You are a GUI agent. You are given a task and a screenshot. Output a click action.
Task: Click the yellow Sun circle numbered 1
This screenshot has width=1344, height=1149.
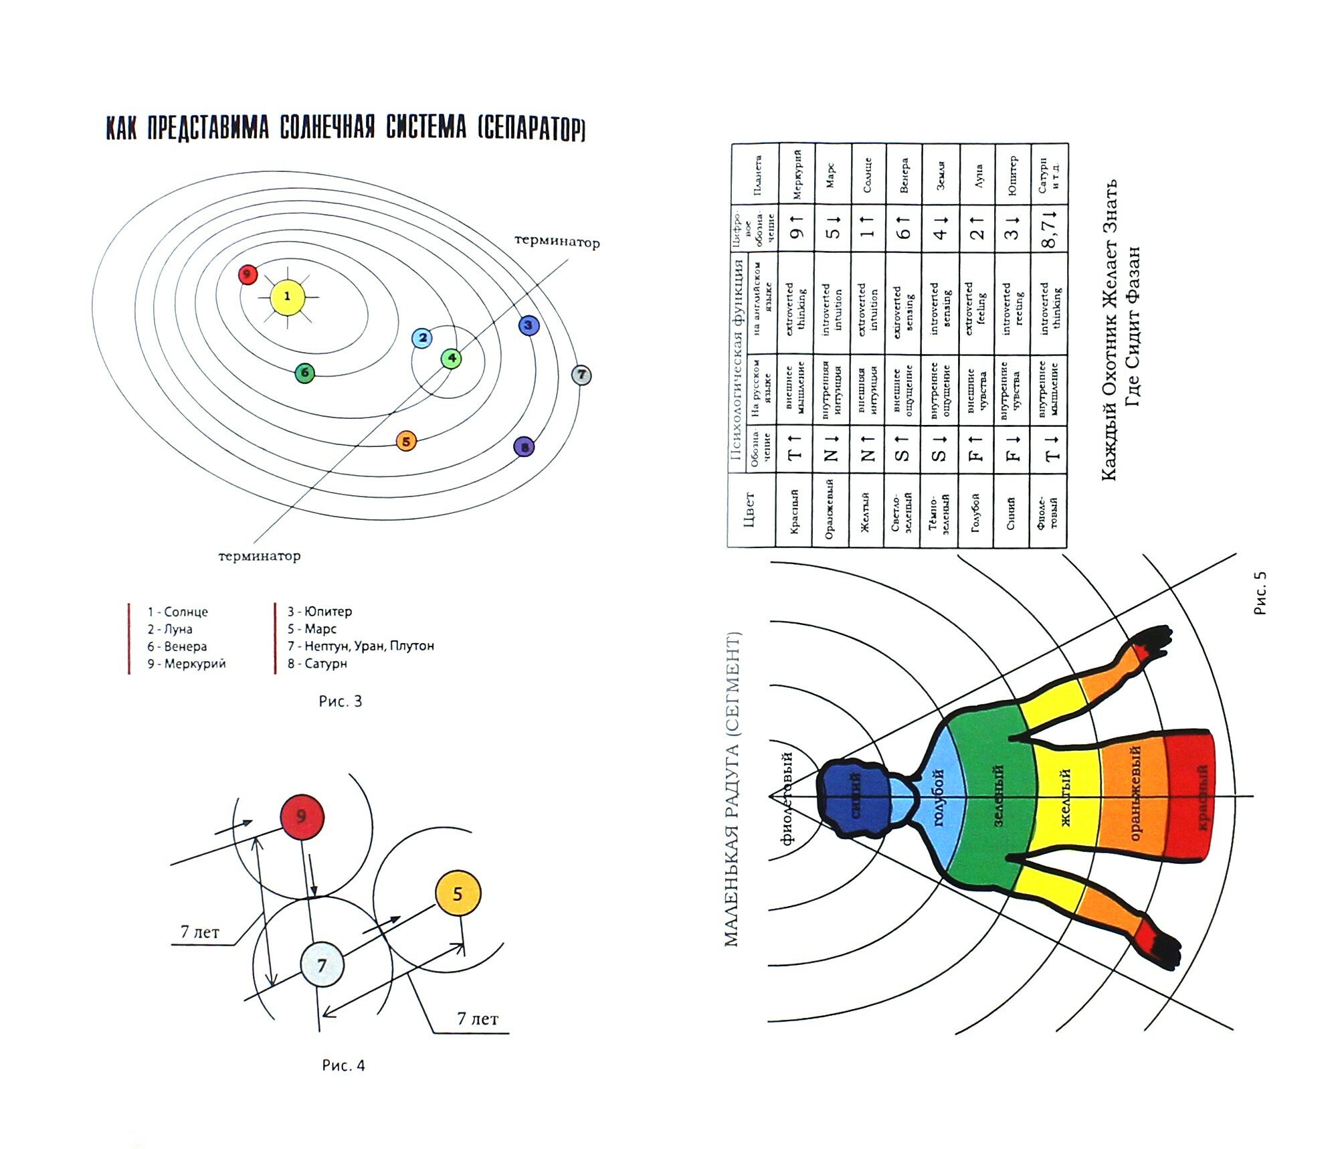pyautogui.click(x=287, y=296)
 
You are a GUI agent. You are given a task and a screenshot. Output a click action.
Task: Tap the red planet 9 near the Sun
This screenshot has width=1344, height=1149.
pyautogui.click(x=248, y=274)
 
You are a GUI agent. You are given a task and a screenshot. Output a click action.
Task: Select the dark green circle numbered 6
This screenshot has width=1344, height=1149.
pyautogui.click(x=304, y=373)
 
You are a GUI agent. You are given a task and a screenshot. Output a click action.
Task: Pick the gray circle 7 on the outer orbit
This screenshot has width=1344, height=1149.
pyautogui.click(x=581, y=375)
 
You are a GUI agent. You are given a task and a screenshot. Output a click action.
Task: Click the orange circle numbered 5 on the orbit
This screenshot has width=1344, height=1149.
pyautogui.click(x=406, y=441)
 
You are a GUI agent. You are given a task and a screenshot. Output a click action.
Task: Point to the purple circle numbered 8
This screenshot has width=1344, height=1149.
pyautogui.click(x=524, y=446)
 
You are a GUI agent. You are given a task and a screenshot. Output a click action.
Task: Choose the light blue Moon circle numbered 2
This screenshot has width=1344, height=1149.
pyautogui.click(x=421, y=338)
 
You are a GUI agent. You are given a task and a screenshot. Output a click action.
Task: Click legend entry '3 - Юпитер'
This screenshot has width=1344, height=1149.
pyautogui.click(x=319, y=611)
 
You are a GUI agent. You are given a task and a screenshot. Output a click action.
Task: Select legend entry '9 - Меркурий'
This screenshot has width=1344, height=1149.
pyautogui.click(x=187, y=663)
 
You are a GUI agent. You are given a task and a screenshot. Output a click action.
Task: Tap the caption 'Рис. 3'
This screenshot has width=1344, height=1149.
pyautogui.click(x=340, y=701)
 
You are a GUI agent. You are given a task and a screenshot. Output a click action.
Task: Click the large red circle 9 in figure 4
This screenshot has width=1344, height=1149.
pyautogui.click(x=302, y=816)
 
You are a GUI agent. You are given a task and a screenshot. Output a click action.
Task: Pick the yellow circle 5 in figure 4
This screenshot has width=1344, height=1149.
pyautogui.click(x=458, y=894)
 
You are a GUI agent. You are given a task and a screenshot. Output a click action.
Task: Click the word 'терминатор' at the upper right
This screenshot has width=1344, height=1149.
pyautogui.click(x=557, y=242)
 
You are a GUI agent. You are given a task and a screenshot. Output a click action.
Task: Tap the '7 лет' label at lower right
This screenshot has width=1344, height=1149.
pyautogui.click(x=477, y=1019)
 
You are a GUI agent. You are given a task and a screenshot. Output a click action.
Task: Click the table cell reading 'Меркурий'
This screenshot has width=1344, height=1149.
pyautogui.click(x=797, y=174)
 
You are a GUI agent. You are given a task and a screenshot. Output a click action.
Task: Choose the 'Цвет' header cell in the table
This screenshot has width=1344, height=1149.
pyautogui.click(x=749, y=510)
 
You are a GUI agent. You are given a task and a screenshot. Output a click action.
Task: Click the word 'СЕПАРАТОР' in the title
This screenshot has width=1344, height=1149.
pyautogui.click(x=532, y=128)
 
